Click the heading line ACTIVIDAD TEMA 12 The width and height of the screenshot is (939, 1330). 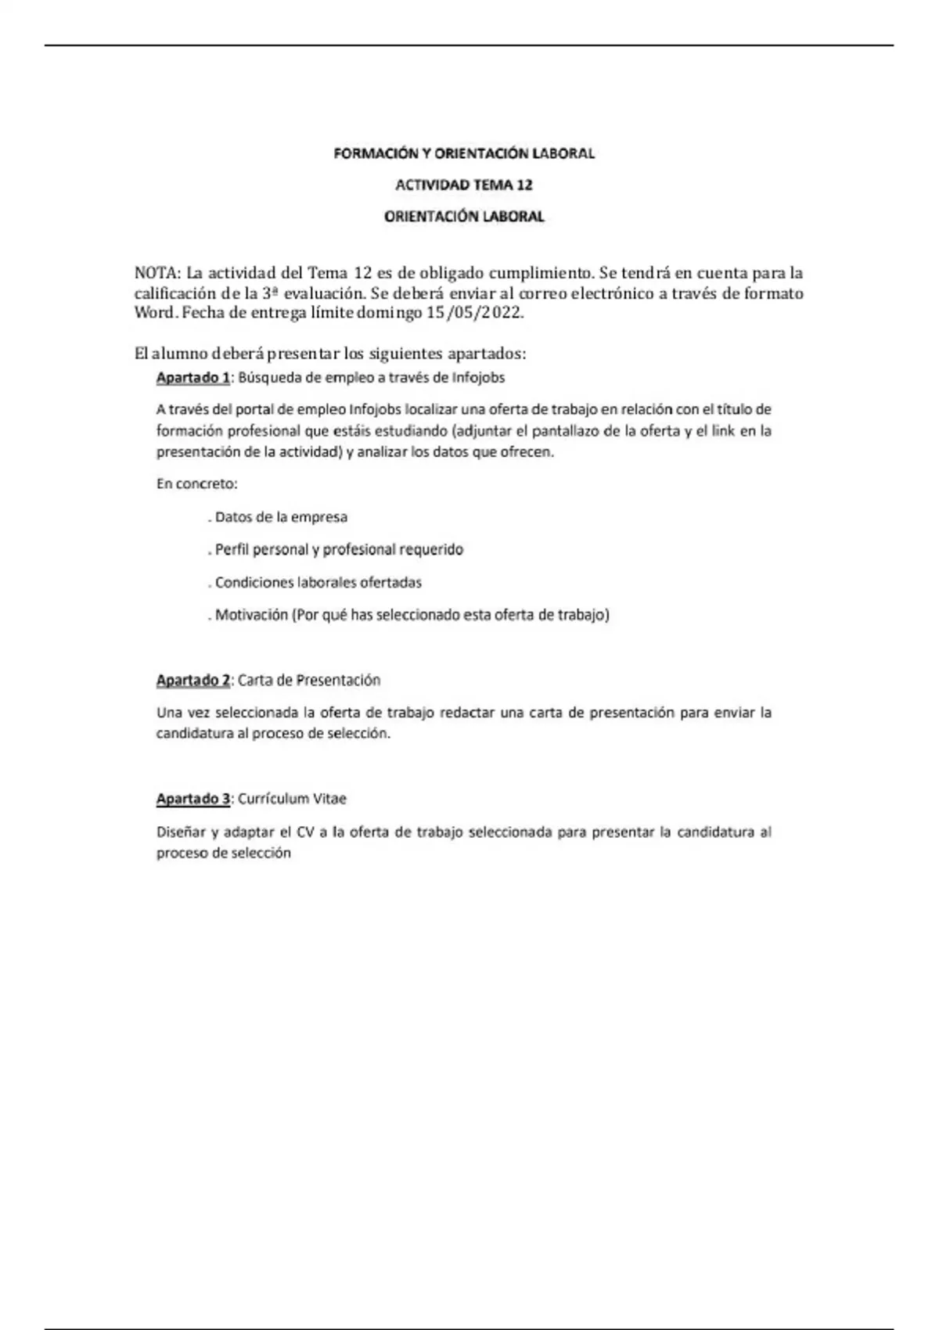click(x=463, y=185)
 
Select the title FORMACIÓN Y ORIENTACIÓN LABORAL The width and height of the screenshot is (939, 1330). click(x=464, y=153)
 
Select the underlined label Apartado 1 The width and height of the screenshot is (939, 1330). click(x=192, y=378)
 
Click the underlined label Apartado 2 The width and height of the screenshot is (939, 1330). click(x=192, y=681)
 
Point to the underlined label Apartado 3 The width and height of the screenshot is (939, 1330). click(x=192, y=800)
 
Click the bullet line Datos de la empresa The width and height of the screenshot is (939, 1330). click(x=280, y=517)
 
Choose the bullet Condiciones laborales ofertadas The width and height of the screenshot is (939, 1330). click(x=317, y=583)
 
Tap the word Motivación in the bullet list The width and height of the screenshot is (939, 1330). click(x=251, y=616)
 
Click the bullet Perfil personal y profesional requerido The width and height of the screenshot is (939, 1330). click(x=338, y=550)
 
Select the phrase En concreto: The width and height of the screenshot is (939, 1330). click(x=196, y=484)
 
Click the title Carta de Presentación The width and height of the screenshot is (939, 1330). click(x=308, y=681)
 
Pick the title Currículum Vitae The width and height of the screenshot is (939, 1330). click(x=291, y=800)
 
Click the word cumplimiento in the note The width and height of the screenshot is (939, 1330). click(x=540, y=274)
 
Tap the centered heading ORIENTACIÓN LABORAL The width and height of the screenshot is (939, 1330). click(x=463, y=217)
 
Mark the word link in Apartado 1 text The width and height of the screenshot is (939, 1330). click(x=723, y=431)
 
